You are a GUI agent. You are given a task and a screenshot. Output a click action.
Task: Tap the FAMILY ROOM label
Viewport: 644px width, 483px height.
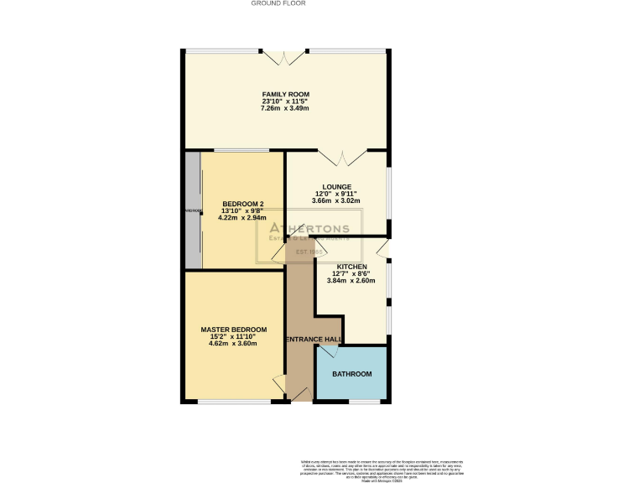pos(285,94)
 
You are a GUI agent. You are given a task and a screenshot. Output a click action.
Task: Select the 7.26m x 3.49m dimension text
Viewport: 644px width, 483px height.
pos(285,108)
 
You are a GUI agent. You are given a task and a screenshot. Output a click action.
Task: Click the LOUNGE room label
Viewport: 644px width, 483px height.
pos(336,187)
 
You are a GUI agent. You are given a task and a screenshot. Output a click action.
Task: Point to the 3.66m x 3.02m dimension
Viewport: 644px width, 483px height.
pos(336,201)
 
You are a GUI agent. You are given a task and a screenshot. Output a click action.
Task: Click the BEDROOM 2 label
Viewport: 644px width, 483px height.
pos(243,204)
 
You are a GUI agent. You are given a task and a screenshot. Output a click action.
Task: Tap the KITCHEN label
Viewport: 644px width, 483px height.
pos(352,267)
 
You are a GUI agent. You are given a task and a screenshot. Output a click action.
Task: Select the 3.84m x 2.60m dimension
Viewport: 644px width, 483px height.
pos(352,281)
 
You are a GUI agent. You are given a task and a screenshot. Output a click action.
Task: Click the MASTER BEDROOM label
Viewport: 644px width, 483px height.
pos(234,330)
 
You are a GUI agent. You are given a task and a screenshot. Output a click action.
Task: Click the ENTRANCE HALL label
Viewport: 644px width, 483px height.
pos(314,340)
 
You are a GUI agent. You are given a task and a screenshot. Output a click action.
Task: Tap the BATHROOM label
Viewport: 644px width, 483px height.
pos(351,374)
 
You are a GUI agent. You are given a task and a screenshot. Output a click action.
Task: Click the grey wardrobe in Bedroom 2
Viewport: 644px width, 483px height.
pos(193,210)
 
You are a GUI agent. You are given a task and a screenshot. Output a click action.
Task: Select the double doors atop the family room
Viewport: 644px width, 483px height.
pos(285,58)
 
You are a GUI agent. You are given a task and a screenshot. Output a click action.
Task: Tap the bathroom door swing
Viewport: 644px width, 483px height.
pos(328,350)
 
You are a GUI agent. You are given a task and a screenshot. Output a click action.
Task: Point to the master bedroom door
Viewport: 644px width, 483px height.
pos(278,385)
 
